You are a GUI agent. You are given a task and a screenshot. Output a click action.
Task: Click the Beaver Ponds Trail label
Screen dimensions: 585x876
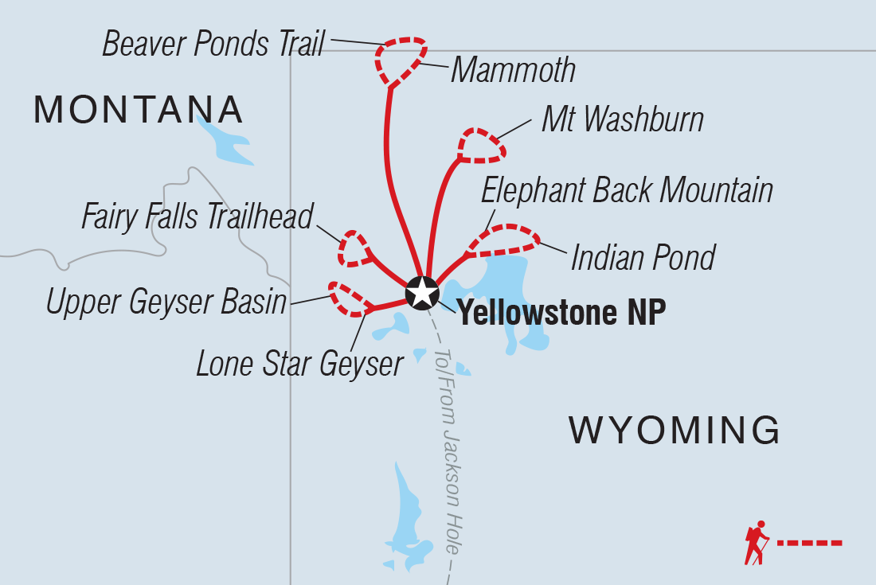coord(213,44)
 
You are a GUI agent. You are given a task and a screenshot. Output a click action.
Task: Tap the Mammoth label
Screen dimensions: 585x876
coord(513,71)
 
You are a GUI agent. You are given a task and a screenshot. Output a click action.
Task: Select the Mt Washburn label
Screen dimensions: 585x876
coord(622,120)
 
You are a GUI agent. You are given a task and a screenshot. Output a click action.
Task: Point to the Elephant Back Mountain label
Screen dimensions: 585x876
coord(628,191)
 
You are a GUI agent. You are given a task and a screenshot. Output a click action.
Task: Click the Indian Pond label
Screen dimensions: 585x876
coord(643,257)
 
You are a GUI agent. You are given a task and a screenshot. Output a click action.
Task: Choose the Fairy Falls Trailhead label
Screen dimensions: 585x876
coord(198,216)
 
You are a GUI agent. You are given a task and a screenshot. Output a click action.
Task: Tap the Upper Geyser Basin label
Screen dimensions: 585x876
coord(166,302)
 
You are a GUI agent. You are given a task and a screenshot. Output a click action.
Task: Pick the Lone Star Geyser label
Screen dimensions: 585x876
coord(300,364)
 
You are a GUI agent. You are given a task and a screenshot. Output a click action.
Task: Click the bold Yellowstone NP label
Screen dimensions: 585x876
coord(561,313)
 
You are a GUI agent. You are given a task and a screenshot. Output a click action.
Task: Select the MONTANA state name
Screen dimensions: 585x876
coord(138,109)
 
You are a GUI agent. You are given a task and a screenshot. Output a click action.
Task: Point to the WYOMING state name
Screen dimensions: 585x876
coord(674,431)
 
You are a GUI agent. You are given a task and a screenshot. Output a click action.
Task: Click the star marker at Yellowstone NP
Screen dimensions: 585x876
coord(421,293)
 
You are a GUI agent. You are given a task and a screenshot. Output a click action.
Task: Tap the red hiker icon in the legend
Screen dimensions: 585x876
coord(756,543)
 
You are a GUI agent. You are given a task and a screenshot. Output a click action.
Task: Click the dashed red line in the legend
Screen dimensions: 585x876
coord(809,543)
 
